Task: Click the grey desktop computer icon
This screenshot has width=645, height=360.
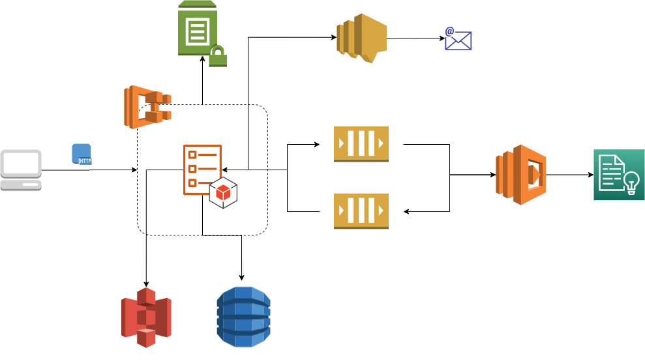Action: pos(21,170)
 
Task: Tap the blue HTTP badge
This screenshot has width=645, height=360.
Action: pos(82,154)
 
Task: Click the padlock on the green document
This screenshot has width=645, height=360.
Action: pos(218,56)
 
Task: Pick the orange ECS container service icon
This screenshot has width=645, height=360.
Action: pos(147,106)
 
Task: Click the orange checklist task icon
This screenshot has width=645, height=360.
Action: pos(202,169)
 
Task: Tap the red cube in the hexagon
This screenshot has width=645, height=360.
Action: pos(223,192)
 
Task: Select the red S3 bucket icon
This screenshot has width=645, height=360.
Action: pos(146,317)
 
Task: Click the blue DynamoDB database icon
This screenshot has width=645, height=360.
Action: pos(243,316)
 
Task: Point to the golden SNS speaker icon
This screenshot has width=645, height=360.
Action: pos(361,38)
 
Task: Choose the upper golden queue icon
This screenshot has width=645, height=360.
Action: pos(361,143)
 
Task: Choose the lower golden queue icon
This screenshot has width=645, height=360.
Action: pos(361,211)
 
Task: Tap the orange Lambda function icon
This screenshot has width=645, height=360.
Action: pos(520,175)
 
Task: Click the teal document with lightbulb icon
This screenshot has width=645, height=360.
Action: pos(618,174)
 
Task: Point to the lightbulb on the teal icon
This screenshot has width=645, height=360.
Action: pos(631,183)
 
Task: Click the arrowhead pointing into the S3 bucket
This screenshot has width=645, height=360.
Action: pos(145,283)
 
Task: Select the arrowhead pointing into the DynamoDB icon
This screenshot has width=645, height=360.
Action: pos(242,278)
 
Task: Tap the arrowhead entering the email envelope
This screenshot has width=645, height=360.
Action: pos(442,38)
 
